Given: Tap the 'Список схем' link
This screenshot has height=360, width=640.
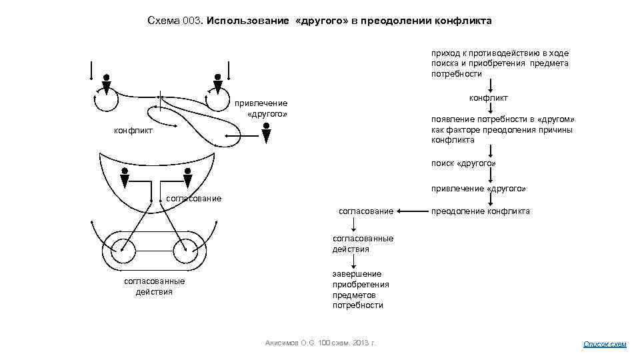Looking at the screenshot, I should pyautogui.click(x=605, y=344).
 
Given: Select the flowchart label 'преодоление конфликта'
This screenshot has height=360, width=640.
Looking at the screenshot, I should pyautogui.click(x=481, y=211).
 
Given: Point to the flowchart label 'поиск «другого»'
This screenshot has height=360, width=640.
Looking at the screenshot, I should pyautogui.click(x=463, y=163).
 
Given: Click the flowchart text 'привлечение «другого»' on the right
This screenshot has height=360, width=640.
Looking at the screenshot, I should pyautogui.click(x=478, y=189).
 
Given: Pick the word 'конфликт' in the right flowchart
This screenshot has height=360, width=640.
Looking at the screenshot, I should pyautogui.click(x=488, y=99).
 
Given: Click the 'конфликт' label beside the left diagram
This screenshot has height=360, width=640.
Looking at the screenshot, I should pyautogui.click(x=133, y=131).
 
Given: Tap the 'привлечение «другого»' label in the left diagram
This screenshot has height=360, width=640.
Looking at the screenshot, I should pyautogui.click(x=261, y=108).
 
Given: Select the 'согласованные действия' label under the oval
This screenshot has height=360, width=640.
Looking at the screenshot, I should pyautogui.click(x=154, y=286).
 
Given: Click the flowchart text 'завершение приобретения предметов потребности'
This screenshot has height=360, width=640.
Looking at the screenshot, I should pyautogui.click(x=360, y=289).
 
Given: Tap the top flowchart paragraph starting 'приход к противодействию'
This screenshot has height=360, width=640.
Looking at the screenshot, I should pyautogui.click(x=499, y=63).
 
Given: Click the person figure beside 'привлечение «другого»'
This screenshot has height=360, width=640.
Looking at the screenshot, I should pyautogui.click(x=266, y=135).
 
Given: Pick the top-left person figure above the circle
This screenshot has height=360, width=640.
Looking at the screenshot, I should pyautogui.click(x=105, y=82).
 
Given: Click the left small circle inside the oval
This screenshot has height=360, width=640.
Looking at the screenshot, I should pyautogui.click(x=123, y=251).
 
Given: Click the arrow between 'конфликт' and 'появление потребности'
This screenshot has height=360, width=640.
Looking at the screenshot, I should pyautogui.click(x=490, y=108).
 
